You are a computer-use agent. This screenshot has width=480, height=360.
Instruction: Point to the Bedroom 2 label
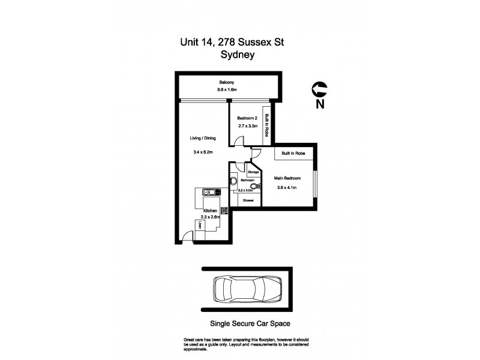247,118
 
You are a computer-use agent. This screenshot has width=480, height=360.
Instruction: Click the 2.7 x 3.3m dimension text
247,127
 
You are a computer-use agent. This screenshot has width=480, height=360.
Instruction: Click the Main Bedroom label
287,178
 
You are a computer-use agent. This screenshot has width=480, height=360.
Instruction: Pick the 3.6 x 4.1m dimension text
287,188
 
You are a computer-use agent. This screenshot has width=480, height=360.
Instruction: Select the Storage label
253,172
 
